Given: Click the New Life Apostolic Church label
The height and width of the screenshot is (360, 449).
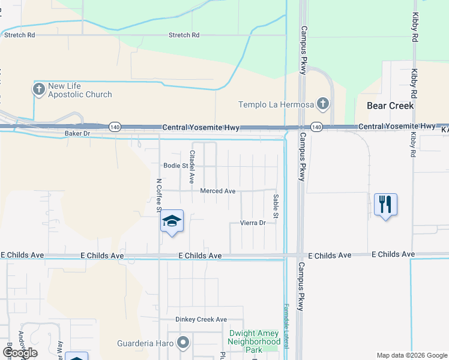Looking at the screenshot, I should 80,90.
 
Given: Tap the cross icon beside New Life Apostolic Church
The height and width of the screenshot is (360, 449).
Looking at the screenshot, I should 39,90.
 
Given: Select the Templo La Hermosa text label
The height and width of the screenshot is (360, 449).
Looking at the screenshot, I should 277,104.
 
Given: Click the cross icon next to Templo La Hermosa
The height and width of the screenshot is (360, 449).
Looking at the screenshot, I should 323,104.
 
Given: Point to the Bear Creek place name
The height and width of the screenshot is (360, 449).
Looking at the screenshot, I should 390,106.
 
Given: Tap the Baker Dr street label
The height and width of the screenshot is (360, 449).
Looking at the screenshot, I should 77,133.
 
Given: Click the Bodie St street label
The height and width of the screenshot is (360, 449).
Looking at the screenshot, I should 176,166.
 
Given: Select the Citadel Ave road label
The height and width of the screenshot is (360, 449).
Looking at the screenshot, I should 193,166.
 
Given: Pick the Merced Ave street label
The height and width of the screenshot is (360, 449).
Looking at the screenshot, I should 217,191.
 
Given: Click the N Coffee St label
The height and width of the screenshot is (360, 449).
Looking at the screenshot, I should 159,194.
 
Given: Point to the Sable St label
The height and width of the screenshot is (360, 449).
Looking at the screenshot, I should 276,206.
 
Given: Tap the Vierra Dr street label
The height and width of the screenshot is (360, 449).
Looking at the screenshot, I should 253,223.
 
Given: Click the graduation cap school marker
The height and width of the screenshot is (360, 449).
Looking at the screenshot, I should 172,223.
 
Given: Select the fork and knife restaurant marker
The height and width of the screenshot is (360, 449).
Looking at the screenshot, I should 385,205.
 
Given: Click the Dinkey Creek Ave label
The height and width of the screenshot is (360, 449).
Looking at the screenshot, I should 201,319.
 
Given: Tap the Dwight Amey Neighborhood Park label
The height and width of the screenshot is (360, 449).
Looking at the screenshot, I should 255,341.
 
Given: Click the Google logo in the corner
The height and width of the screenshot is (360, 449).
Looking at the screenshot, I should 20,353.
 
